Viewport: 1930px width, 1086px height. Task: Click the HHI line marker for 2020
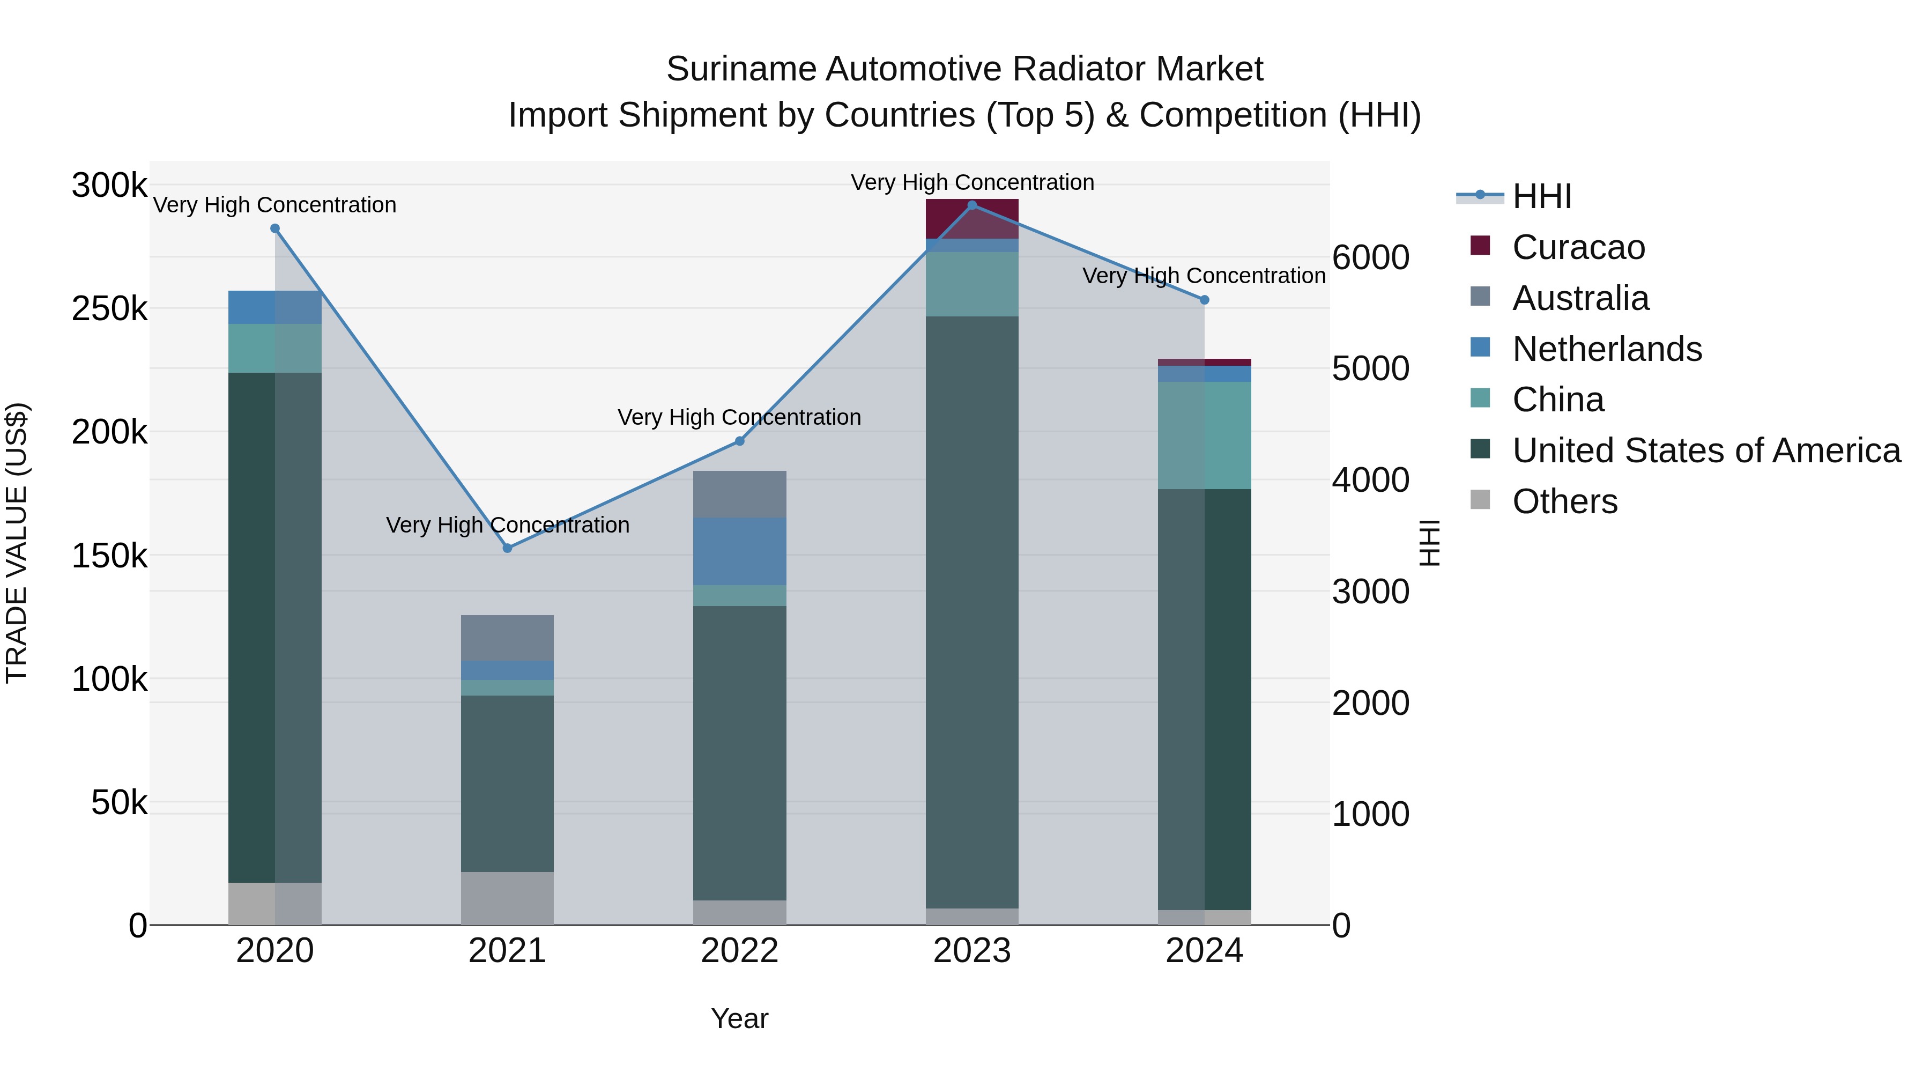[275, 228]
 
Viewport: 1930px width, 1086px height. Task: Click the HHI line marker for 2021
[507, 548]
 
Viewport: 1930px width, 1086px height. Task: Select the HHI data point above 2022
[739, 441]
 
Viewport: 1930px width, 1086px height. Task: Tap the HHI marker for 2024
[1205, 300]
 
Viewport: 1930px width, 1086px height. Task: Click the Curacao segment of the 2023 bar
[972, 219]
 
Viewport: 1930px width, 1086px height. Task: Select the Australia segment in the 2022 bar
[739, 494]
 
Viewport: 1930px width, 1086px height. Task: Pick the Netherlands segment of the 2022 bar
[739, 551]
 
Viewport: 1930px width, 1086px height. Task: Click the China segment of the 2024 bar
[1205, 435]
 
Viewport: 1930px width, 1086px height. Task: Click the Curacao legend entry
[1578, 247]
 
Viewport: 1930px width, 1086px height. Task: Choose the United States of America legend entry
[1706, 450]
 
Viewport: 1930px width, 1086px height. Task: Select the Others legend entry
[1564, 501]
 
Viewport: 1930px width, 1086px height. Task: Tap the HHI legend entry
[1541, 196]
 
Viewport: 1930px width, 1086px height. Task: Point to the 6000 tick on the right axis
[1370, 258]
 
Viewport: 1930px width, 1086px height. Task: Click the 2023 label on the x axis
[972, 951]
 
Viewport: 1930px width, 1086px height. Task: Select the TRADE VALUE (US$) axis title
[17, 543]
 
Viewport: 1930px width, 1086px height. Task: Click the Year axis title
[739, 1018]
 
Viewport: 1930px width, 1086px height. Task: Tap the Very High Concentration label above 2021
[507, 524]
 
